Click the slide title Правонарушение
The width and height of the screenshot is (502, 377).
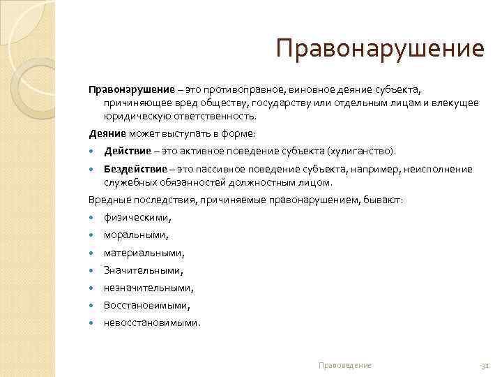pos(379,48)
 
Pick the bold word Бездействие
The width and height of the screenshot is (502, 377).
pos(135,168)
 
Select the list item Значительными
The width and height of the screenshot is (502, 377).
pos(143,270)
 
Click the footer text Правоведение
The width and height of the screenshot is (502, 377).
pos(344,365)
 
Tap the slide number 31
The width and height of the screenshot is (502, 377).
pos(485,365)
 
